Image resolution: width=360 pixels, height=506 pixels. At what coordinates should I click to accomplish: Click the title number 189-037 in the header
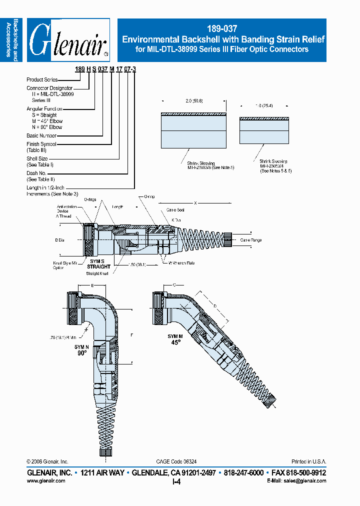pos(221,29)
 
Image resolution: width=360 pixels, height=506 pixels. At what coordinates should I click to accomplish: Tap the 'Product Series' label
pos(42,79)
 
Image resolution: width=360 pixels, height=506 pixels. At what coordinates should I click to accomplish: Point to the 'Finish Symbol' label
pos(41,144)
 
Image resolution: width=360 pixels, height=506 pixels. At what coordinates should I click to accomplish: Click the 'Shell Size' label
pos(37,158)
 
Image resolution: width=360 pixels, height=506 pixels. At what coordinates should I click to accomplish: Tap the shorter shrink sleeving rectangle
pos(264,132)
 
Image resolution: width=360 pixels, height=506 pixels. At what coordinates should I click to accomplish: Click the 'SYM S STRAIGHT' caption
pos(98,264)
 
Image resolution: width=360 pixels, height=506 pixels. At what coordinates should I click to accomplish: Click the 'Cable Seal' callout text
pos(175,210)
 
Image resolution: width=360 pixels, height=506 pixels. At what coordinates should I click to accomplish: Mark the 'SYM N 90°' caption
pos(82,349)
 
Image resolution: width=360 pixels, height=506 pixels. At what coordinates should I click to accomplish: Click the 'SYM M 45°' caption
pos(175,339)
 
